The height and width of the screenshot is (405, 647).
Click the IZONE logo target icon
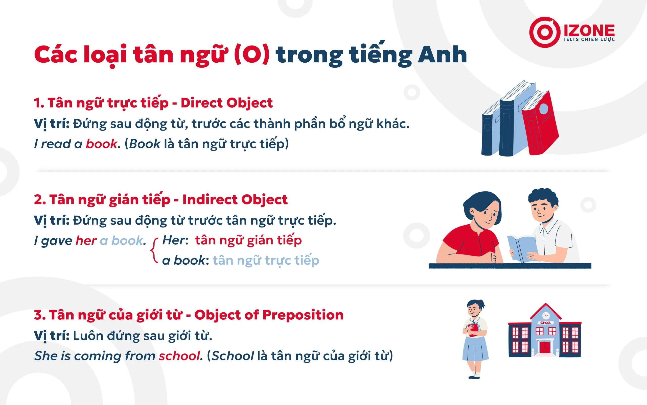tap(545, 32)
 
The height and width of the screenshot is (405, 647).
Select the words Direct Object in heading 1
tap(226, 103)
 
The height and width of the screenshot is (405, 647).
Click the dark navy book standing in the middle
tap(508, 126)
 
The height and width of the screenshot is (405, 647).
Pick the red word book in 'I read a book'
tap(101, 144)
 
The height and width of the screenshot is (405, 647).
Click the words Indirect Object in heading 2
tap(235, 200)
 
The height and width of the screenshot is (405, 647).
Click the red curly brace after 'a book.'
tap(153, 250)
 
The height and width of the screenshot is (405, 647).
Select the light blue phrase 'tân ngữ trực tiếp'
tap(266, 260)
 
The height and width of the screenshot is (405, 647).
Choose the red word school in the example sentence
tap(179, 356)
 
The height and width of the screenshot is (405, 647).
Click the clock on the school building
tap(545, 315)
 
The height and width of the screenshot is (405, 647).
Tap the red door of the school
tap(545, 347)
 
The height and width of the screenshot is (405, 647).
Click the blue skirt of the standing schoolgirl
tap(475, 348)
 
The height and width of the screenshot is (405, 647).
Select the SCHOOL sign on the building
tap(545, 323)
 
